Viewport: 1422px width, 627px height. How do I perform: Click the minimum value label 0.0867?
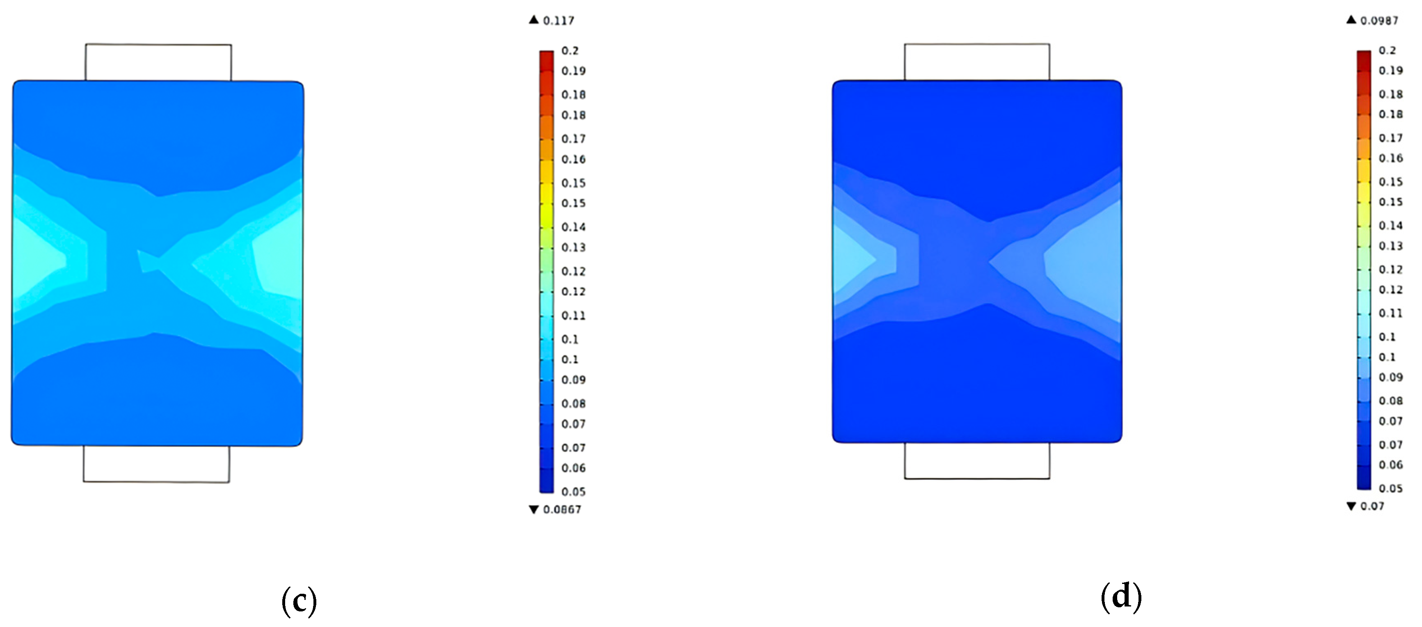pyautogui.click(x=562, y=510)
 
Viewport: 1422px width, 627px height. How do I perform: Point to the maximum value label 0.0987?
pyautogui.click(x=1379, y=21)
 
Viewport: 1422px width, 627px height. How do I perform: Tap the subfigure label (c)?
pyautogui.click(x=299, y=600)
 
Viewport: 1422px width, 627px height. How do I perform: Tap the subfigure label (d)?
pyautogui.click(x=1121, y=597)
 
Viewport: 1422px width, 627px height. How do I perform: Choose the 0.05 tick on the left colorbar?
pyautogui.click(x=573, y=491)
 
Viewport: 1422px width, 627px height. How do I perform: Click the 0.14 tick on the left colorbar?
pyautogui.click(x=573, y=227)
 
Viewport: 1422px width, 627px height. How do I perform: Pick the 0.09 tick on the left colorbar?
pyautogui.click(x=573, y=380)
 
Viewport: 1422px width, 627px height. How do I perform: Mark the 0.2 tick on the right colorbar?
pyautogui.click(x=1387, y=50)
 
